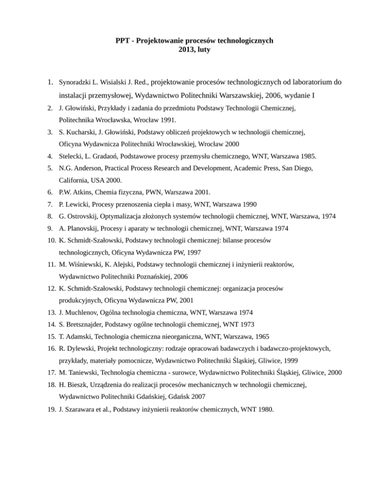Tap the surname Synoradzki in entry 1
(76, 81)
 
